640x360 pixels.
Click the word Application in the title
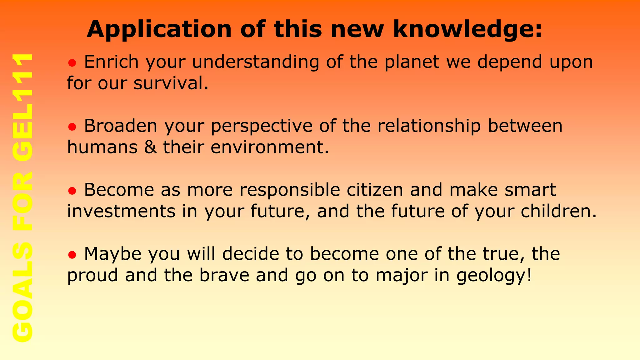[159, 29]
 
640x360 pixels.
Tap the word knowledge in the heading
[467, 29]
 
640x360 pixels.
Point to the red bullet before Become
[72, 191]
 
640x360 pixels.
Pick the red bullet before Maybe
[72, 255]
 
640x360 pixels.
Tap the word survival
[171, 83]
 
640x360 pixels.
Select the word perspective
[262, 126]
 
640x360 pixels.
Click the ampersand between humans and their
[150, 147]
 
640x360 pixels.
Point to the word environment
[270, 147]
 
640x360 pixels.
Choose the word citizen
[375, 190]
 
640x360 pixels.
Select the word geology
[494, 276]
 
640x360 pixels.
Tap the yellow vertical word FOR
[22, 202]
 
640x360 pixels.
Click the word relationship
[429, 126]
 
